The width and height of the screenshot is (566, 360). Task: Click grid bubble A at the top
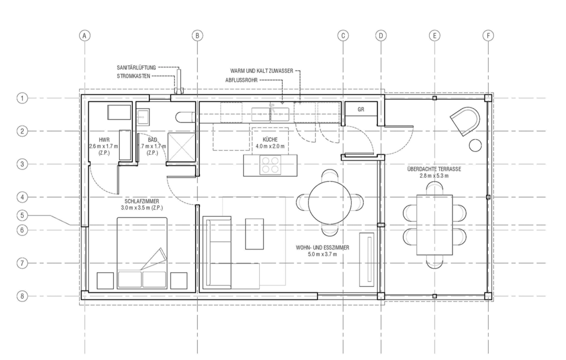[x=84, y=36]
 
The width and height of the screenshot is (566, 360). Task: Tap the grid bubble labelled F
[x=488, y=36]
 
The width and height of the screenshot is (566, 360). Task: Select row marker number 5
[x=22, y=216]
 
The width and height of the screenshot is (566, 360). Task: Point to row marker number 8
[x=22, y=296]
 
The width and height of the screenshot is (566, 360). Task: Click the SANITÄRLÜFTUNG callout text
[x=136, y=67]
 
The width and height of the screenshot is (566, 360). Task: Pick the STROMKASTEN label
[x=133, y=76]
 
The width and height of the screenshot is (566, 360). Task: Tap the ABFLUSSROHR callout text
[x=242, y=80]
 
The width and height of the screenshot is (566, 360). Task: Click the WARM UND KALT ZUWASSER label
[x=262, y=71]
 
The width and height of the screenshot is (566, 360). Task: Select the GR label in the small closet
[x=361, y=110]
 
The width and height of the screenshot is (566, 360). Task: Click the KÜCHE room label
[x=270, y=139]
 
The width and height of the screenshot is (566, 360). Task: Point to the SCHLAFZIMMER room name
[x=142, y=201]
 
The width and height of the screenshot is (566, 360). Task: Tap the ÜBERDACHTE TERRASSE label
[x=434, y=169]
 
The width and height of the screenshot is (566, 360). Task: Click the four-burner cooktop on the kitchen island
[x=270, y=165]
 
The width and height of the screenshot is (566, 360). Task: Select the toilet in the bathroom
[x=186, y=118]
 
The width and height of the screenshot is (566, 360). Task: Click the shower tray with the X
[x=182, y=147]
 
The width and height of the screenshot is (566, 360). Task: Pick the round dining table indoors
[x=330, y=202]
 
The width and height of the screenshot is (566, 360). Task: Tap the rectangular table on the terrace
[x=435, y=225]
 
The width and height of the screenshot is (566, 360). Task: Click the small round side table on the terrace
[x=475, y=146]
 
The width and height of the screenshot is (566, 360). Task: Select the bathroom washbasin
[x=143, y=117]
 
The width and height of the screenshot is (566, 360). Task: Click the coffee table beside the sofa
[x=254, y=234]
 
